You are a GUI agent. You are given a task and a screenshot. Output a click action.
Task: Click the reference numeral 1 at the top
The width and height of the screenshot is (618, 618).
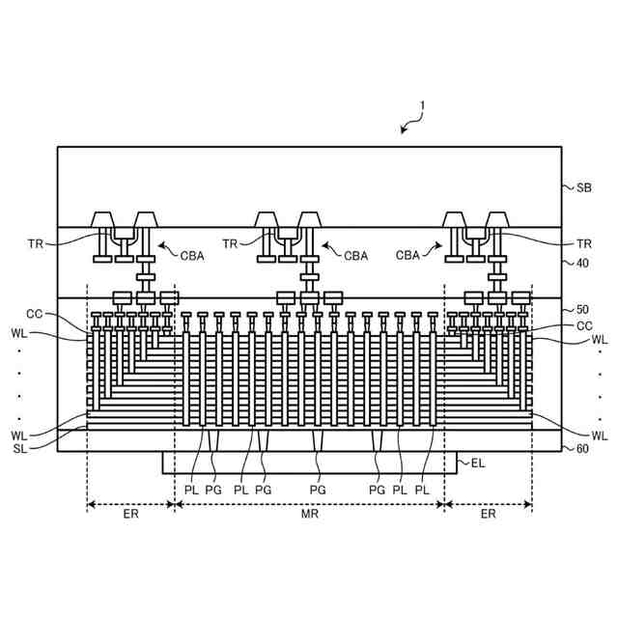pyautogui.click(x=421, y=106)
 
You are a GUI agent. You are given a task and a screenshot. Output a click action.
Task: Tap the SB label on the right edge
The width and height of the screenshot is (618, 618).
pyautogui.click(x=584, y=188)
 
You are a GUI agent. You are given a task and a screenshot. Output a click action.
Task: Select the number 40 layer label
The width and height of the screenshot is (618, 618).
pyautogui.click(x=583, y=263)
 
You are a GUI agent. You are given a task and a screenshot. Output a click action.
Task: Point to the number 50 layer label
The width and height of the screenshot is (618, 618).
pyautogui.click(x=583, y=310)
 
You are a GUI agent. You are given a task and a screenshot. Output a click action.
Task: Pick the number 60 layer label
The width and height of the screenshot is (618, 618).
pyautogui.click(x=583, y=449)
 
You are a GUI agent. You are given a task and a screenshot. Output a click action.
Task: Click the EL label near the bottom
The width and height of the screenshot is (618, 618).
pyautogui.click(x=477, y=464)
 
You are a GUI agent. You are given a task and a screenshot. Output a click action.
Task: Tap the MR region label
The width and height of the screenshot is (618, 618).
pyautogui.click(x=309, y=515)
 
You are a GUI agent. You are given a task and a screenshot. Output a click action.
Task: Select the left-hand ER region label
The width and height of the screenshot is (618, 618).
pyautogui.click(x=130, y=515)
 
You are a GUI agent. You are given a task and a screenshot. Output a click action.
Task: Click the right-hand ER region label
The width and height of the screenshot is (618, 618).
pyautogui.click(x=488, y=515)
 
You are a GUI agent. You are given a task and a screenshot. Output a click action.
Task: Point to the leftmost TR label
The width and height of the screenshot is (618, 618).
pyautogui.click(x=36, y=244)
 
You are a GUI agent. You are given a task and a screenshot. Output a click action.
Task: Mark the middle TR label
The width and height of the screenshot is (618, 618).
pyautogui.click(x=231, y=244)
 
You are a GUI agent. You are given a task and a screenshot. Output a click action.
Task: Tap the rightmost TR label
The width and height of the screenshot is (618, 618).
pyautogui.click(x=583, y=244)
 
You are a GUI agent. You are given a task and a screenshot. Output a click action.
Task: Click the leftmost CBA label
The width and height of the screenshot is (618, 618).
pyautogui.click(x=192, y=256)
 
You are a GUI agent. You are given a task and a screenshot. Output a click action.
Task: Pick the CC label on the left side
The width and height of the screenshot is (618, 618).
pyautogui.click(x=35, y=314)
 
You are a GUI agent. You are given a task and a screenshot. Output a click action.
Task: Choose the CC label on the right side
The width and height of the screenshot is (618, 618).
pyautogui.click(x=583, y=326)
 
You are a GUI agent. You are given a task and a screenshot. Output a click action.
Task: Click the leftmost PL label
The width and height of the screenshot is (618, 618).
pyautogui.click(x=190, y=490)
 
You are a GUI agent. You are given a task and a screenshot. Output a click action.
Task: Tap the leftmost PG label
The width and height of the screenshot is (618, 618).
pyautogui.click(x=213, y=490)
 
